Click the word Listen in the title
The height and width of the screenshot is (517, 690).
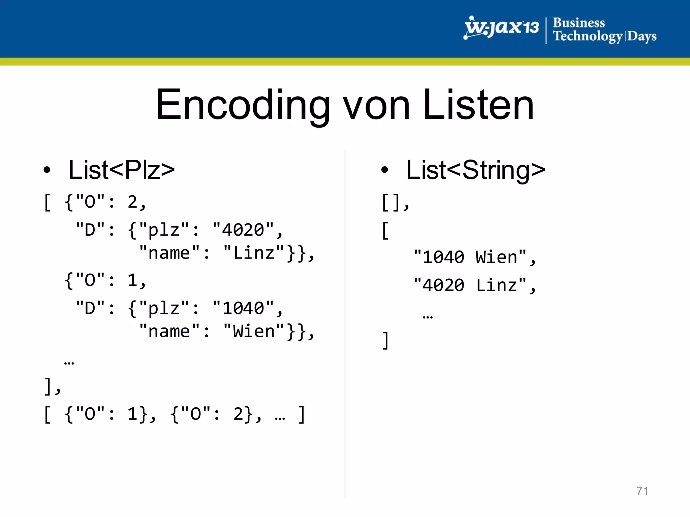tap(478, 105)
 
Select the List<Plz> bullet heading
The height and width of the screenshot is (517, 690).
tap(121, 170)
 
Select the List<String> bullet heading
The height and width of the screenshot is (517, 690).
tap(475, 170)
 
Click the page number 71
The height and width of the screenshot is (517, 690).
tap(642, 491)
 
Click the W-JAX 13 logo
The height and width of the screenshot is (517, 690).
tap(501, 28)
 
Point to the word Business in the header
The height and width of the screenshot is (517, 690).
tap(579, 23)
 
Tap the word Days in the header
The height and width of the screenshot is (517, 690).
tap(641, 36)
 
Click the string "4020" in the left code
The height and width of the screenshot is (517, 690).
tap(243, 230)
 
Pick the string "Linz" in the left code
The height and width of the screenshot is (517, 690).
tap(254, 253)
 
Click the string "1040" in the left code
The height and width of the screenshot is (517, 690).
tap(243, 308)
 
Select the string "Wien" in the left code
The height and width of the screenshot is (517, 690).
tap(254, 331)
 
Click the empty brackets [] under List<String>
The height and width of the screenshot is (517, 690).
tap(391, 202)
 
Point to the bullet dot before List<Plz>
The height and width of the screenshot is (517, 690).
tap(47, 170)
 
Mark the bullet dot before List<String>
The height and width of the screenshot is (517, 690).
tap(385, 170)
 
